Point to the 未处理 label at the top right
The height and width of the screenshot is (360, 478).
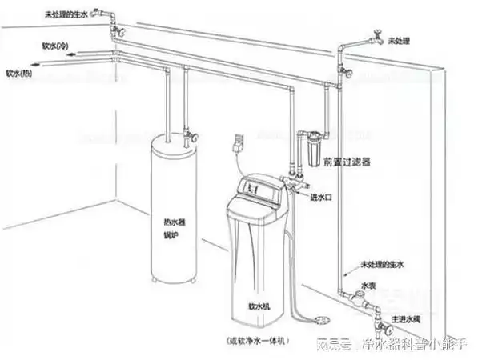pyautogui.click(x=398, y=39)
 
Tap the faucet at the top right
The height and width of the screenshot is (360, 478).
pyautogui.click(x=374, y=36)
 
